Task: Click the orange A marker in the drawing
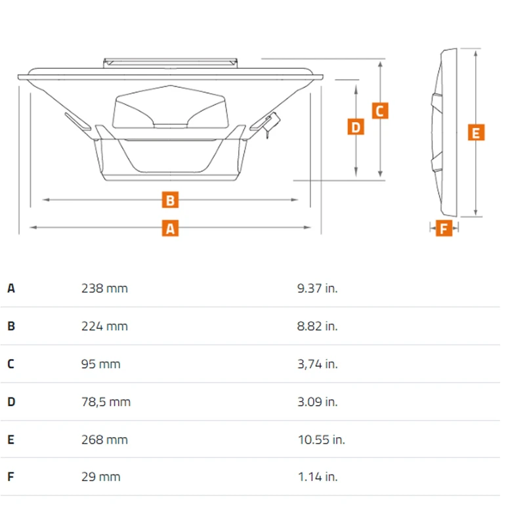pos(170,228)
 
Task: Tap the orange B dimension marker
pos(170,200)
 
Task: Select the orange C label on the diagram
pos(380,111)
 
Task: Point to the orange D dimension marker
pos(356,127)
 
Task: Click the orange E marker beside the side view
pos(476,133)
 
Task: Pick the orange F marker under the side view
pos(444,228)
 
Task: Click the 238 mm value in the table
pos(104,288)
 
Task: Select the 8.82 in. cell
pos(317,326)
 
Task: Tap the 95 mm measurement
pos(101,364)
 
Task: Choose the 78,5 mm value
pos(106,402)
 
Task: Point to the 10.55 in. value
pos(322,440)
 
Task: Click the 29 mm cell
pos(101,477)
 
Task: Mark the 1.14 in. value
pos(318,477)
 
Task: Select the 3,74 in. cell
pos(318,364)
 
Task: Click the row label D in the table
pos(11,402)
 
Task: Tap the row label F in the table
pos(10,476)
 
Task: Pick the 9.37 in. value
pos(317,288)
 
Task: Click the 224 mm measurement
pos(104,326)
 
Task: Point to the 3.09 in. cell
pos(318,402)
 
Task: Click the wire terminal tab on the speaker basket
pos(271,123)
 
